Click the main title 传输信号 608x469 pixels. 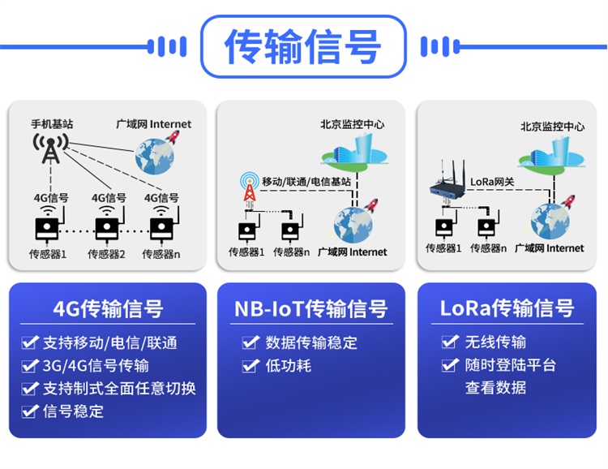pyautogui.click(x=302, y=46)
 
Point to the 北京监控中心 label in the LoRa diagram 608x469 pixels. pyautogui.click(x=552, y=127)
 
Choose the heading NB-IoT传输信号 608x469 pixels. pyautogui.click(x=310, y=309)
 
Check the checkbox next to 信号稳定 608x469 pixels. pyautogui.click(x=30, y=411)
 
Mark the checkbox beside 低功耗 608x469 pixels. pyautogui.click(x=251, y=366)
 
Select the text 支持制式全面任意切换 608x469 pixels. pyautogui.click(x=119, y=388)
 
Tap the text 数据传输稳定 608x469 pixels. pyautogui.click(x=311, y=342)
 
